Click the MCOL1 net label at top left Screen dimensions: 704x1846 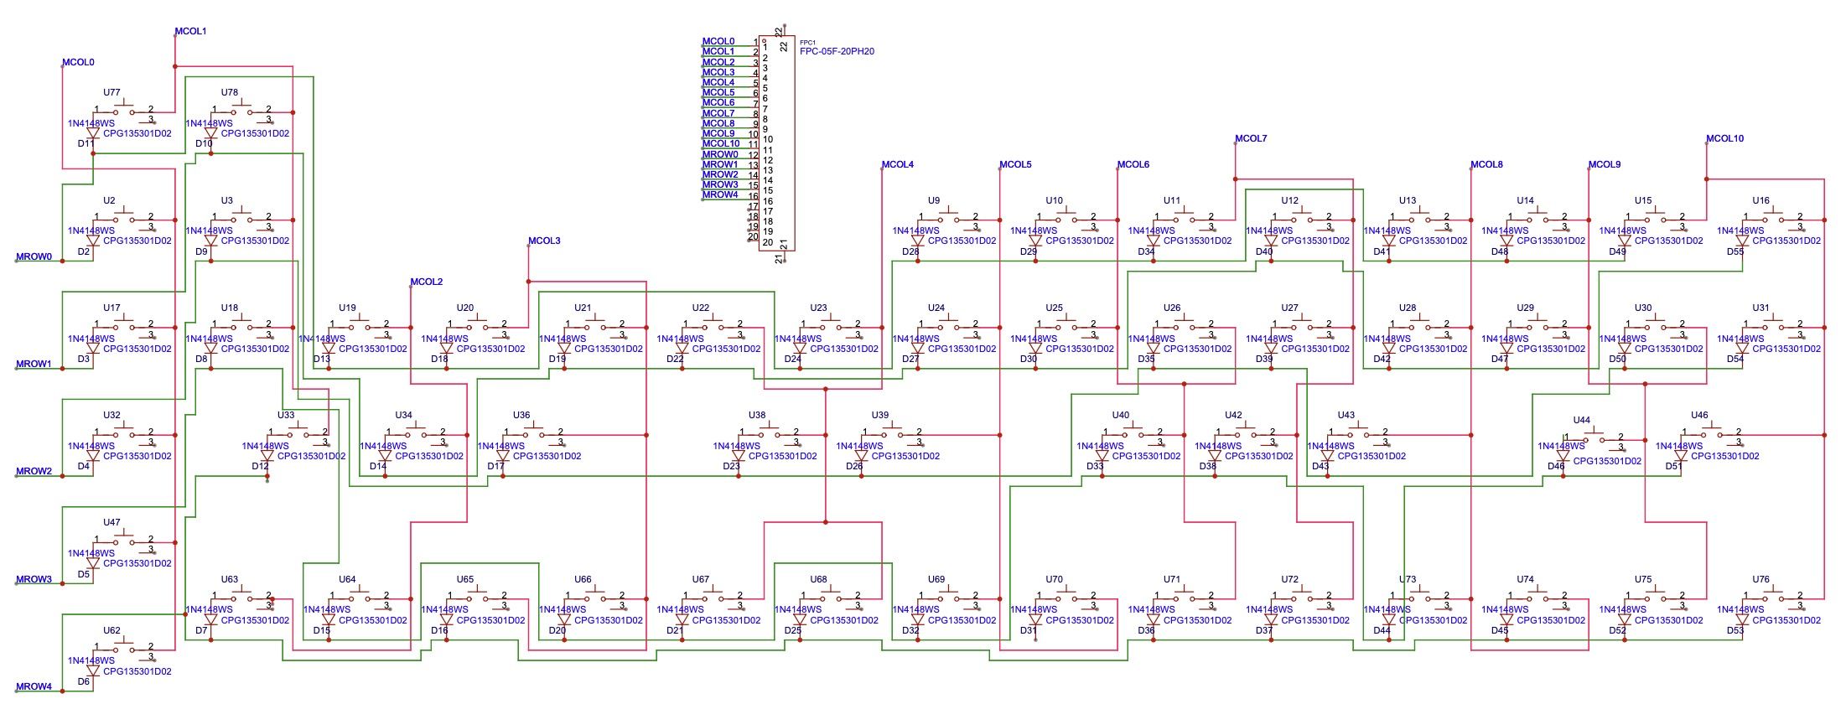click(190, 31)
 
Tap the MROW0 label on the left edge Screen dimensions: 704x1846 click(34, 256)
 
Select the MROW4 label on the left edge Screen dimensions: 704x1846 click(34, 686)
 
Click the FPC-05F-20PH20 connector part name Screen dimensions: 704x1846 click(837, 51)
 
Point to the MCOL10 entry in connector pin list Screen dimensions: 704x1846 click(721, 143)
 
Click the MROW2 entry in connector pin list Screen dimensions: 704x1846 click(720, 174)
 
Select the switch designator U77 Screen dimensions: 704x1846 click(111, 92)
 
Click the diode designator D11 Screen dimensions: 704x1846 click(85, 143)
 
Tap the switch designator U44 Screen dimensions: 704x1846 click(1581, 420)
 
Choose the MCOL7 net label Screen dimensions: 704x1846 click(1251, 138)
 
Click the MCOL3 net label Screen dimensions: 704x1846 click(544, 241)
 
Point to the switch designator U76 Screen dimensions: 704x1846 click(1760, 579)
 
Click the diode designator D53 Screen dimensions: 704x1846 click(1735, 630)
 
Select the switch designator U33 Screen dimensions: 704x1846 click(286, 415)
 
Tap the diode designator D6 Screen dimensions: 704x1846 click(83, 681)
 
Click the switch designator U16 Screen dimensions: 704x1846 click(1760, 200)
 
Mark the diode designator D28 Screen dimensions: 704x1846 click(910, 251)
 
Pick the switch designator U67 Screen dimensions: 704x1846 click(701, 579)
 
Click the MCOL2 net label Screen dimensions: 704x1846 click(426, 282)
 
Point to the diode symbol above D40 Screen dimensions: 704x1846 click(1271, 241)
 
